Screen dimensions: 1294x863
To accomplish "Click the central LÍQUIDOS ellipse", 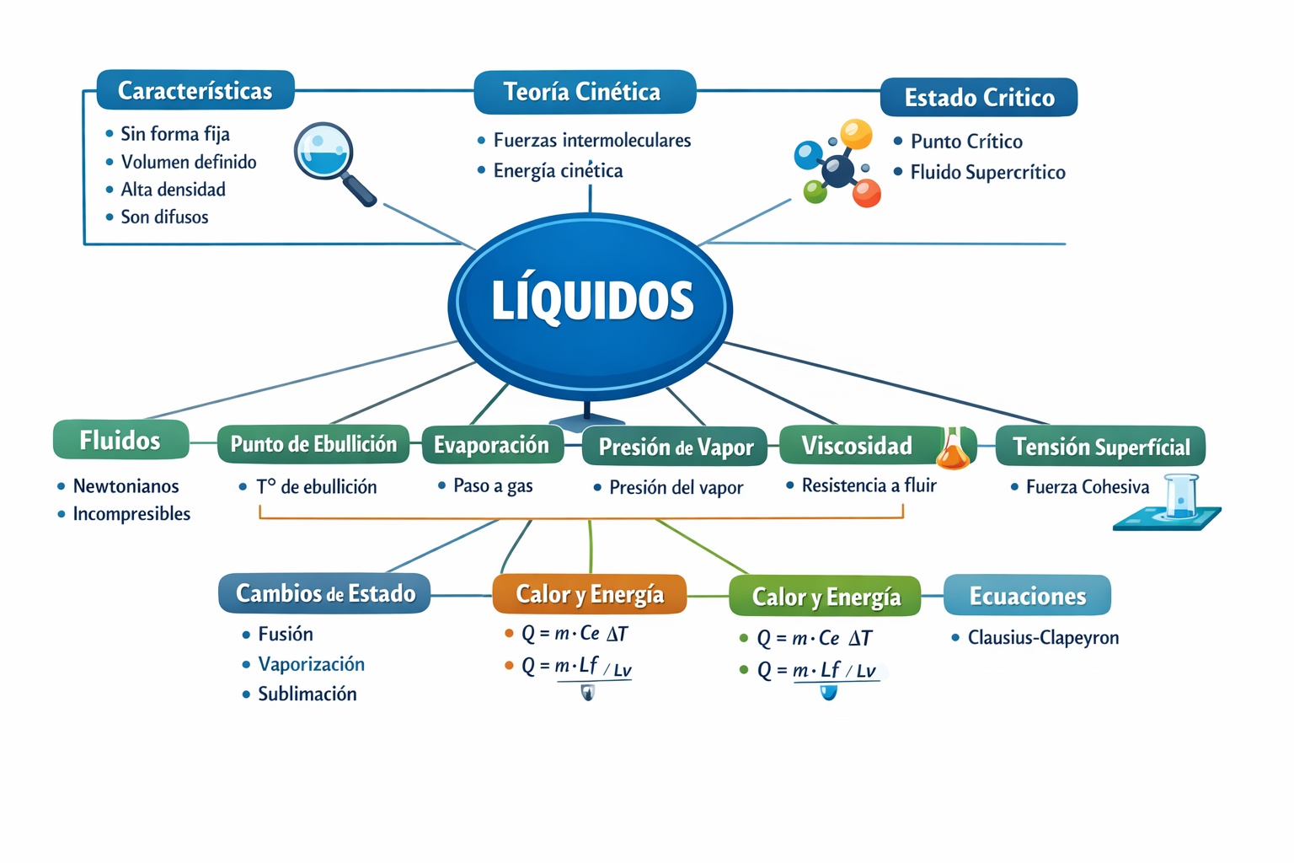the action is [x=590, y=307].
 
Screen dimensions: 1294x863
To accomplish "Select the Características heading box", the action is [x=195, y=90].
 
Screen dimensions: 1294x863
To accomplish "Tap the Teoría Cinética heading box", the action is [x=585, y=92].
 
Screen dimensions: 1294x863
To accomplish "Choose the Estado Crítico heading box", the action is [x=979, y=97].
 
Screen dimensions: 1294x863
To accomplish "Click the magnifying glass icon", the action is [x=334, y=163].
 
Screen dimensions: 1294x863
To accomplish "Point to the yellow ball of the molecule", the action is [x=856, y=134].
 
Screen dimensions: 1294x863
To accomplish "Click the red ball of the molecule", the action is [x=866, y=193].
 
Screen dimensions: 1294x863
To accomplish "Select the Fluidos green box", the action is [x=120, y=440].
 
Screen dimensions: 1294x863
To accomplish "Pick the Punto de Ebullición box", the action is [x=313, y=444].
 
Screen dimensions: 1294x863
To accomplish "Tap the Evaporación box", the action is [x=493, y=444].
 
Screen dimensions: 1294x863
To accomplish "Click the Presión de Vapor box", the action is [x=675, y=446].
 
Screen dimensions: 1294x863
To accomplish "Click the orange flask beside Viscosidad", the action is [x=953, y=448].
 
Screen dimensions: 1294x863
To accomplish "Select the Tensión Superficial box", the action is [x=1100, y=446].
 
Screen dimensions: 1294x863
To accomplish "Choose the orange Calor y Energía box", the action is [x=589, y=594].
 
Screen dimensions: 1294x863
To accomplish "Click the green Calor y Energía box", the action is [x=825, y=596].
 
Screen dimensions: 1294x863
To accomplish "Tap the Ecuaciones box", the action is [x=1027, y=595].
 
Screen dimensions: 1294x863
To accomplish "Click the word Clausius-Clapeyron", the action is [x=1043, y=638].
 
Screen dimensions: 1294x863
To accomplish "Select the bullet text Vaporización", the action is [x=312, y=664].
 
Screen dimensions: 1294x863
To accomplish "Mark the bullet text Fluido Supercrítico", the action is [x=988, y=172].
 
